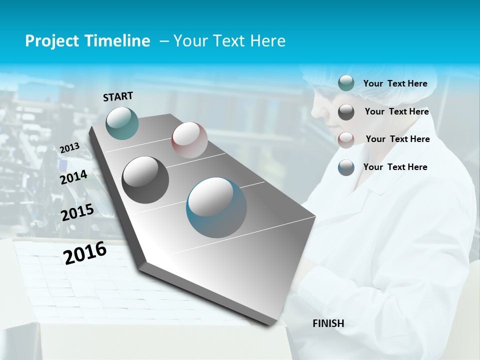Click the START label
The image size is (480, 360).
tap(118, 96)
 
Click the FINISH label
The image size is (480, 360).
tap(328, 323)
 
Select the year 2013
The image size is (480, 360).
tap(70, 148)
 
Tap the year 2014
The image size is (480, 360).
tap(74, 177)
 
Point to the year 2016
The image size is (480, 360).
tap(85, 253)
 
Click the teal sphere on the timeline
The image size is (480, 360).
tap(122, 123)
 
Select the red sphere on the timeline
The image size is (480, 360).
tap(189, 140)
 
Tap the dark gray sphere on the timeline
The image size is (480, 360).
tap(145, 180)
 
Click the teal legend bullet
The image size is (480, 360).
tap(346, 83)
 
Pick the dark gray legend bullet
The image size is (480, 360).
tap(346, 112)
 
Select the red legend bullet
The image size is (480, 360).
tap(346, 139)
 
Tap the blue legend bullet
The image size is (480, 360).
tap(346, 167)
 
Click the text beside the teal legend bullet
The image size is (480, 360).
tap(395, 84)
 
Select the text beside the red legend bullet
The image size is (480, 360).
tap(397, 139)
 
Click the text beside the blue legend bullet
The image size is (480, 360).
tap(395, 167)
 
